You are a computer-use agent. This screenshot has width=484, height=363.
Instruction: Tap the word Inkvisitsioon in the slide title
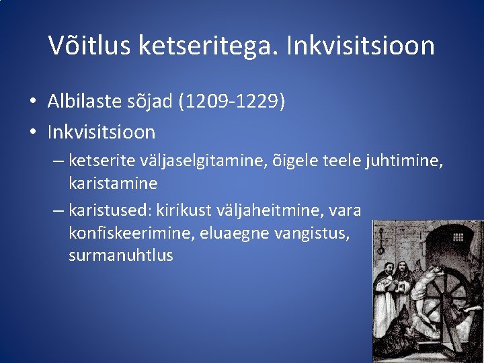tap(360, 46)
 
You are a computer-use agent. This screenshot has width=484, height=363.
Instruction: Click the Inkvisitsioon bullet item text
tap(101, 132)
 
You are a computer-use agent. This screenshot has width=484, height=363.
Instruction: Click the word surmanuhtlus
tap(120, 255)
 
